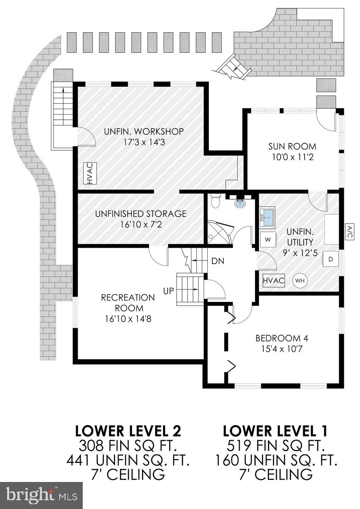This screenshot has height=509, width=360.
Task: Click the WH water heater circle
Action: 300,280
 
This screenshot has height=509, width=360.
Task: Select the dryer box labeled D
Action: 331,259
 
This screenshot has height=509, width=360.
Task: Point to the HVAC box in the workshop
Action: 90,173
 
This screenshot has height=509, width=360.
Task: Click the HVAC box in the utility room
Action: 274,280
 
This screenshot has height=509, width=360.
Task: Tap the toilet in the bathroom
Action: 216,201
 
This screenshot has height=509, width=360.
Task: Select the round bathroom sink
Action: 240,204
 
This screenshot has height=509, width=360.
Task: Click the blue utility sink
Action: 267,217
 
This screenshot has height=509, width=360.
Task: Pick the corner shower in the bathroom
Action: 217,233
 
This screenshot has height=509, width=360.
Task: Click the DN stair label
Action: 218,261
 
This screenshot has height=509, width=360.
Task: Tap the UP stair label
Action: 169,291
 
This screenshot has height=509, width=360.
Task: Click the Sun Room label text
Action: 292,146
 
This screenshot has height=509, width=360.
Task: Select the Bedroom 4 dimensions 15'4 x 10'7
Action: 282,349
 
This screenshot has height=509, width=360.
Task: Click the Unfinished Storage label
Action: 141,214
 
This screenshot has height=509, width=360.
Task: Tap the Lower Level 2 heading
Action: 128,431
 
